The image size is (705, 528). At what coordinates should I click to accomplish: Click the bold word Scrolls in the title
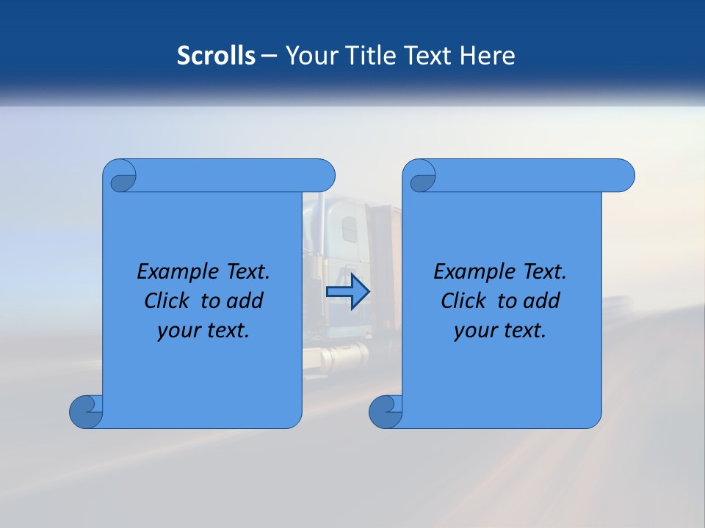pyautogui.click(x=216, y=56)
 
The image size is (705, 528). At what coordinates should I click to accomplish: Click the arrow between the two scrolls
pyautogui.click(x=347, y=291)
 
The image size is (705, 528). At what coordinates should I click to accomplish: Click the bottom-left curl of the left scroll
pyautogui.click(x=86, y=411)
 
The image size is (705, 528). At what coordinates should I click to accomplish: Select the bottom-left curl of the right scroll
pyautogui.click(x=385, y=411)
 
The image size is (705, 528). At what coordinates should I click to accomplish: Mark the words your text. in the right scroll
pyautogui.click(x=500, y=330)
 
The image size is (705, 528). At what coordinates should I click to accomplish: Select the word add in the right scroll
pyautogui.click(x=540, y=301)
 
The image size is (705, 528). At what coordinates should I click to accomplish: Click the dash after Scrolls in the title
pyautogui.click(x=269, y=56)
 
